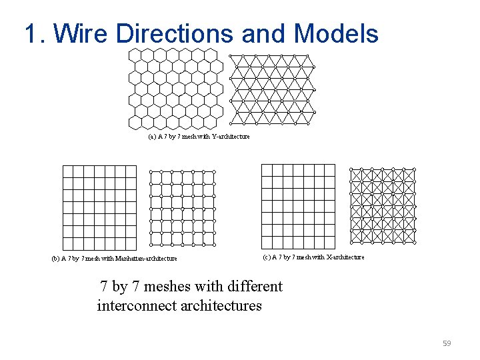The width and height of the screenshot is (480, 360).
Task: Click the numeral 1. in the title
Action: coord(35,33)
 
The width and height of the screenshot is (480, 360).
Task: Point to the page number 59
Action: coord(447,343)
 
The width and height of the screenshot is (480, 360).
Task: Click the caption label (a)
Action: coord(152,137)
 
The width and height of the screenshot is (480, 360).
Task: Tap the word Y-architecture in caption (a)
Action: coord(231,137)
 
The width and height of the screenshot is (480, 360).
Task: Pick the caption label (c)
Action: coord(267,257)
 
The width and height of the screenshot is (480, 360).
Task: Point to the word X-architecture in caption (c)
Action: coord(344,257)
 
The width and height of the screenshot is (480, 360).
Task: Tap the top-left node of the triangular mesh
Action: coord(231,55)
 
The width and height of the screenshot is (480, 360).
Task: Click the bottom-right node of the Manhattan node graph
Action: coord(215,245)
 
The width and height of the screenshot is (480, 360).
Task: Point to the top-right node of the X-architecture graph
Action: coord(414,169)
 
